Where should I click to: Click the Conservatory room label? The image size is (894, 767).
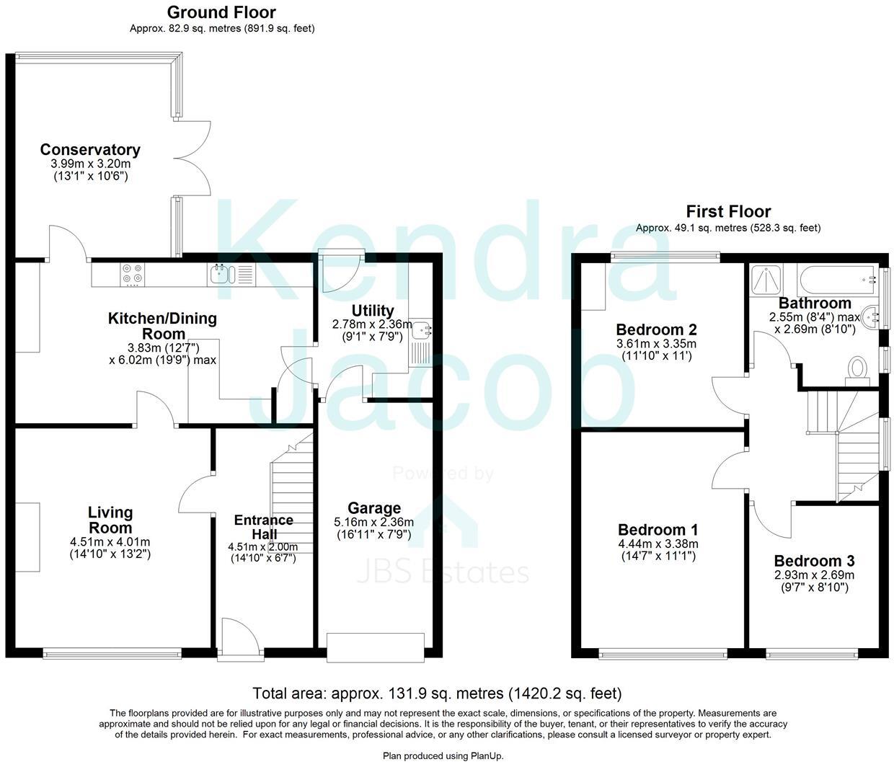click(x=90, y=150)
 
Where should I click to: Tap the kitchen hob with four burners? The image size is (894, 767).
click(x=132, y=274)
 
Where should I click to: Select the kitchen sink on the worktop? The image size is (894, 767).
click(x=221, y=273)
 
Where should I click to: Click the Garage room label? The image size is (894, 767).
click(x=374, y=508)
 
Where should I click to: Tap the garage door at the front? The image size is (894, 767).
click(x=375, y=647)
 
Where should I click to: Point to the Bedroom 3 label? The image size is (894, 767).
click(x=814, y=561)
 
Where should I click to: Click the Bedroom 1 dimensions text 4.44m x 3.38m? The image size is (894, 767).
click(x=658, y=544)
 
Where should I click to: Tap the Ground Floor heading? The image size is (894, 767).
click(x=221, y=12)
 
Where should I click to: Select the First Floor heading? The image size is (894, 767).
click(x=728, y=212)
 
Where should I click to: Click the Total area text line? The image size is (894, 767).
click(x=437, y=693)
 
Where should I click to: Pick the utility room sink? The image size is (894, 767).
click(x=422, y=332)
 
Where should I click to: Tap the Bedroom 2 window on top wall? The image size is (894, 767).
click(x=665, y=255)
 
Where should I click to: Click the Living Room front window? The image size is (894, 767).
click(x=112, y=654)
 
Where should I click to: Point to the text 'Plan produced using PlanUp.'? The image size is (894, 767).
click(x=443, y=756)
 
